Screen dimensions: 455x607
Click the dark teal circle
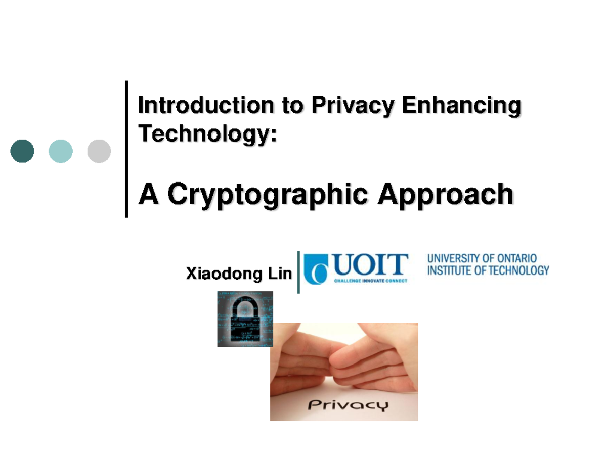pos(22,151)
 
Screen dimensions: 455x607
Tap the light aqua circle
pos(61,151)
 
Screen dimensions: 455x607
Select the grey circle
pos(99,151)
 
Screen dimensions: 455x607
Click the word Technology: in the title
pos(208,133)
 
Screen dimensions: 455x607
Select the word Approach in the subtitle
pos(446,195)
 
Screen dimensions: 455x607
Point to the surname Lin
pos(280,274)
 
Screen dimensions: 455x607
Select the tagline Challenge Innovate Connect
pos(371,281)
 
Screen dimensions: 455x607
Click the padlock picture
pos(245,319)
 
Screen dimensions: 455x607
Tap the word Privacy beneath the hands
pos(349,405)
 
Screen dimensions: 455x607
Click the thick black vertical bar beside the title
pos(126,149)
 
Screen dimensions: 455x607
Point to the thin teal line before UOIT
pos(299,272)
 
